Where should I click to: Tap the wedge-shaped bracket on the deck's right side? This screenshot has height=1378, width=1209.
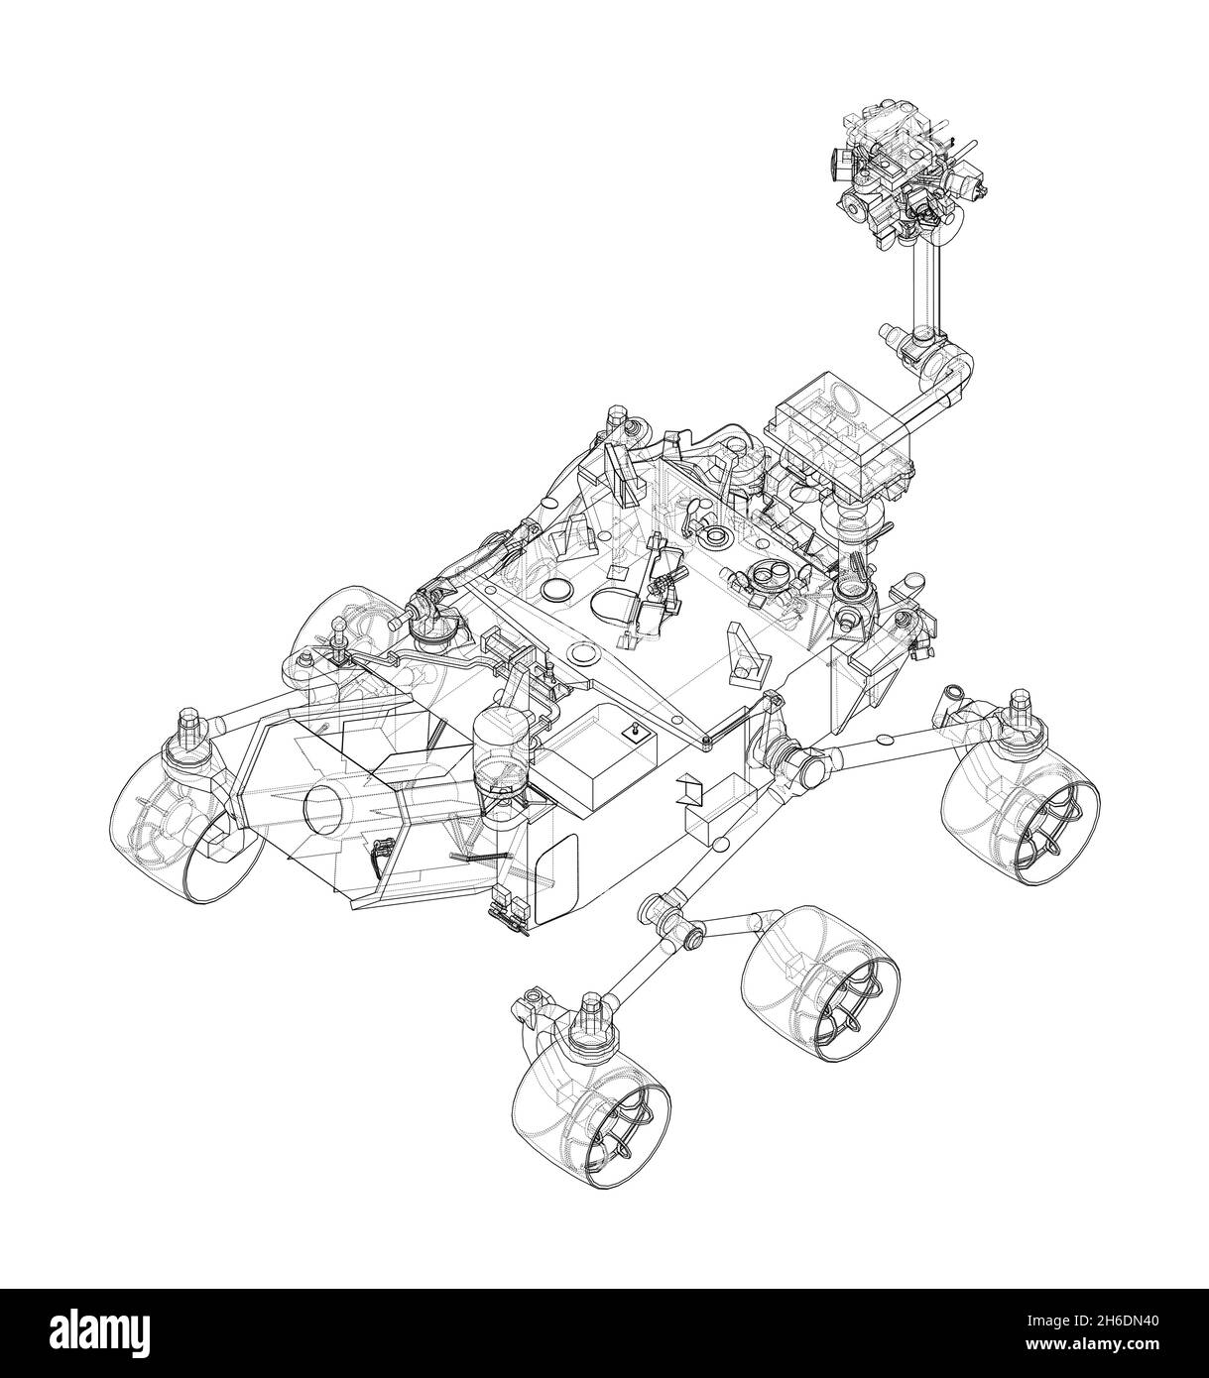click(x=746, y=653)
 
